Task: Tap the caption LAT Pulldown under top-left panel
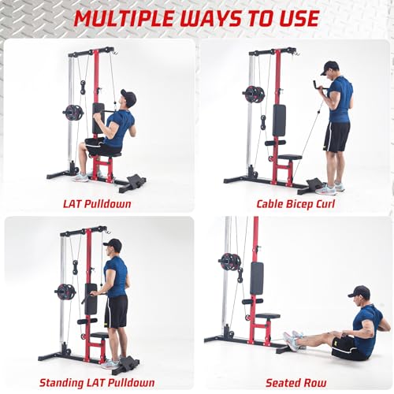coord(97,203)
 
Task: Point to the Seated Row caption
coord(293,383)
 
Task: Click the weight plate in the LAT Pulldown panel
coord(73,111)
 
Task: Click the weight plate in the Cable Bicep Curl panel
coord(254,95)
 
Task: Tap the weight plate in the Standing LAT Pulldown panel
coord(65,292)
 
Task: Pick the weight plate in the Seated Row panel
coord(230,262)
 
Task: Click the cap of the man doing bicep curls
coord(329,66)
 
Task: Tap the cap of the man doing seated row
coord(359,292)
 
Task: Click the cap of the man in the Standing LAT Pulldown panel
coord(113,243)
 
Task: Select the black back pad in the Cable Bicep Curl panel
coord(278,120)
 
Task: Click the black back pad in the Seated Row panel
coord(256,277)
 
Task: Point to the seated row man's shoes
coord(292,340)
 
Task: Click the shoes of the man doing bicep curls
coord(329,188)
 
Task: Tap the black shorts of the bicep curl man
coord(336,137)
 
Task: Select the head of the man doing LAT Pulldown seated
coord(127,99)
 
